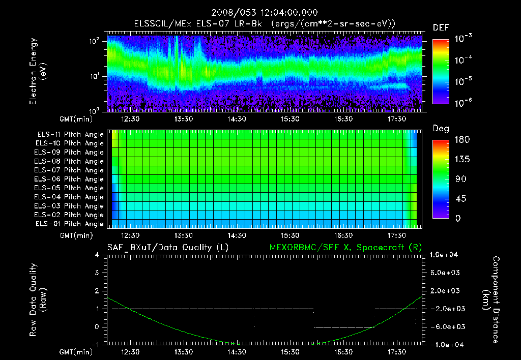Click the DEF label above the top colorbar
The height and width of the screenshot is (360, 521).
441,27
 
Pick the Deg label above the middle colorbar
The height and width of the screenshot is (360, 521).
441,129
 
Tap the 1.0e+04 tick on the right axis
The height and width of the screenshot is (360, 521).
446,255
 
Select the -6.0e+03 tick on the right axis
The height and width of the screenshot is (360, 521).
446,326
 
